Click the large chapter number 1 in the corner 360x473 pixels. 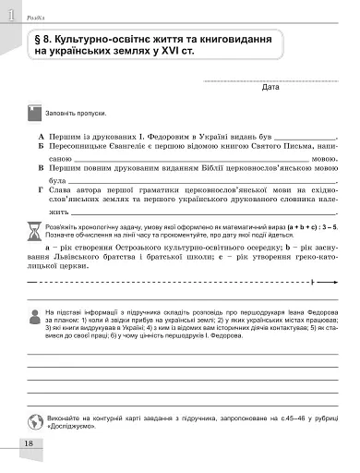[8, 14]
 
